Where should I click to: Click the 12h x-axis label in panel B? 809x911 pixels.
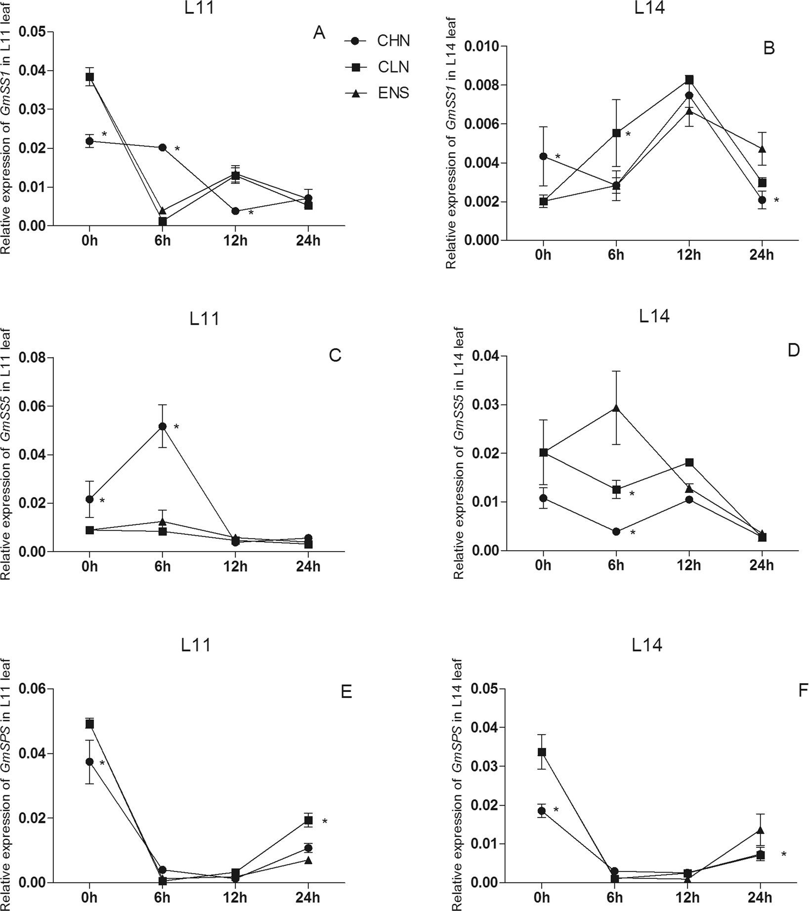[688, 255]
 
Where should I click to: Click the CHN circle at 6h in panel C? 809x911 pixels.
[163, 426]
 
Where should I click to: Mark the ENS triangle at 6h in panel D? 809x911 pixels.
[616, 408]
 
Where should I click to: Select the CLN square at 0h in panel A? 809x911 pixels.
[89, 77]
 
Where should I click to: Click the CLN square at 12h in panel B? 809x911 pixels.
[689, 80]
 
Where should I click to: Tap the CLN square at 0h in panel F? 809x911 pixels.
[542, 752]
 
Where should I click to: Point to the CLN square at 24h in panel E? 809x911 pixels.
[308, 820]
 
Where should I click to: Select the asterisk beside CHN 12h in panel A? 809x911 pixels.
[251, 213]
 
